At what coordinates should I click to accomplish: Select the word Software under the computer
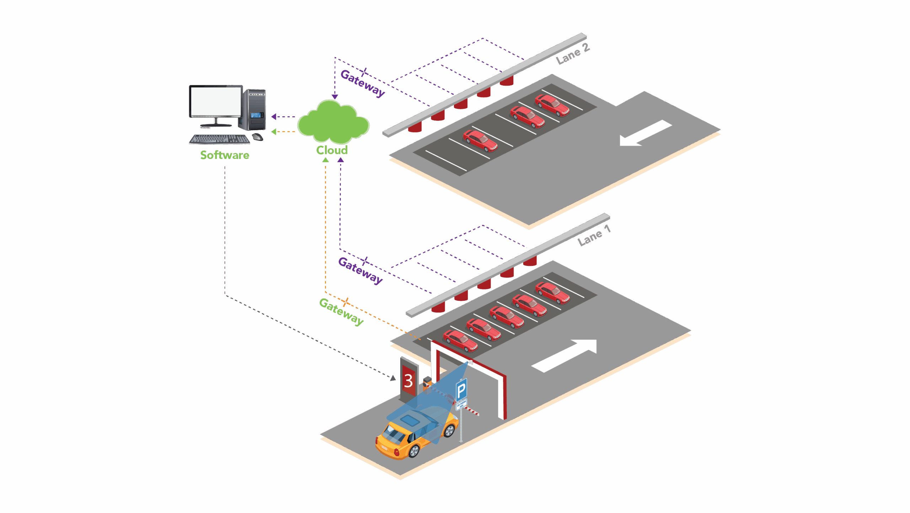[x=225, y=155]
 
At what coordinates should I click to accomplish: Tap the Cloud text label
[x=332, y=150]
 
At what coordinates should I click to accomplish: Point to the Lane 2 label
[x=573, y=54]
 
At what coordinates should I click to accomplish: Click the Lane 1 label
[x=594, y=236]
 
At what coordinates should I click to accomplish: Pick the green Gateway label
[x=341, y=312]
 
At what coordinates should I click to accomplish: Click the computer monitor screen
[x=216, y=101]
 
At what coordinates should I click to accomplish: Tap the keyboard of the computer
[x=219, y=139]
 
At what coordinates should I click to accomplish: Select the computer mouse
[x=257, y=137]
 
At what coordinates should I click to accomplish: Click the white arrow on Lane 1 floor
[x=565, y=355]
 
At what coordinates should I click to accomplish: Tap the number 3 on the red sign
[x=408, y=381]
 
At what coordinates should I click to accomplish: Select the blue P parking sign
[x=461, y=390]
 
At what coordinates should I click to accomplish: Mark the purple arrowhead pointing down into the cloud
[x=335, y=97]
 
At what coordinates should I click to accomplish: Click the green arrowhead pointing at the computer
[x=274, y=132]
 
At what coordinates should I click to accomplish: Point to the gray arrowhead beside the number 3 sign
[x=393, y=378]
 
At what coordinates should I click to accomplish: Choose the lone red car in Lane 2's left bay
[x=480, y=141]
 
